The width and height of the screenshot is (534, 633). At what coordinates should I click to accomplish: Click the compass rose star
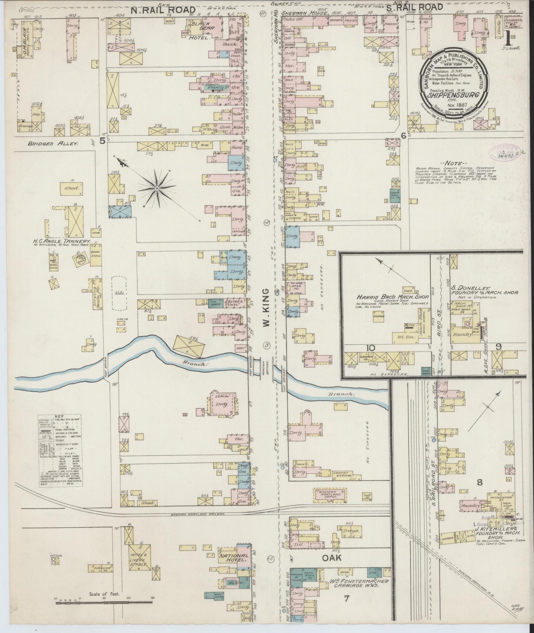pos(157,189)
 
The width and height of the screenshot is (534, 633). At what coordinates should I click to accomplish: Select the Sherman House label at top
pos(304,14)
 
